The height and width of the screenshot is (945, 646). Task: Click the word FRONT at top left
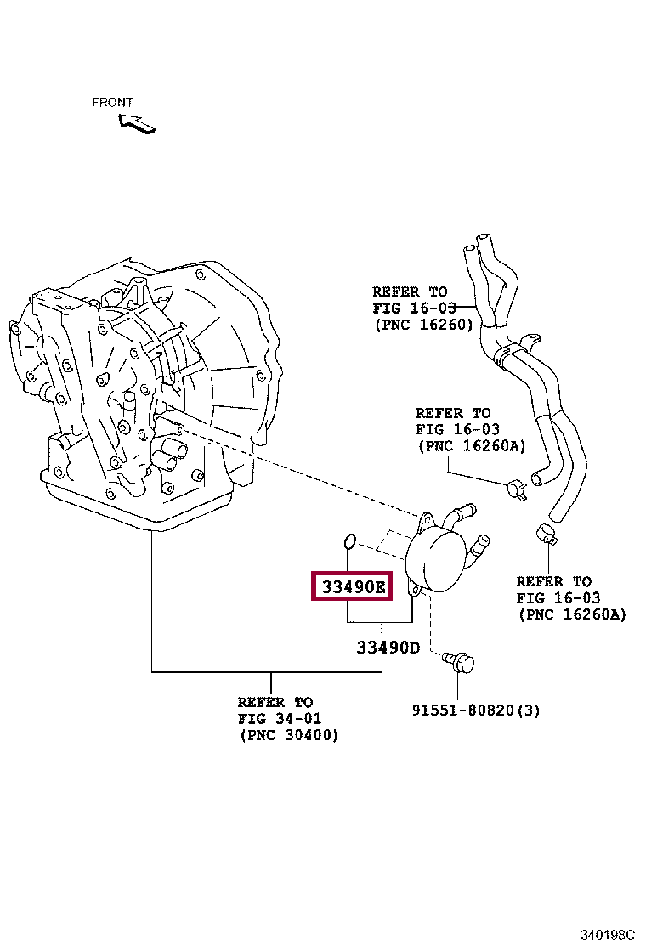tap(112, 102)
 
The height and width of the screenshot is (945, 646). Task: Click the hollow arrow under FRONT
tap(137, 123)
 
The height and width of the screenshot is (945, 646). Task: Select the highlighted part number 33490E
tap(352, 586)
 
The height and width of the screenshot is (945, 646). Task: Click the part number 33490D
tap(388, 648)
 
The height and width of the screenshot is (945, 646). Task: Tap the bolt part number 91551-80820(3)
tap(476, 710)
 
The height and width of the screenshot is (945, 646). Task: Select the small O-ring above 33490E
tap(348, 541)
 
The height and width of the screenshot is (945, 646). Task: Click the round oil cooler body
tap(438, 557)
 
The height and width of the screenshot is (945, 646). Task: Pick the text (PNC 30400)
tap(288, 735)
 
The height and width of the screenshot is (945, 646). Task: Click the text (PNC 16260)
tap(422, 325)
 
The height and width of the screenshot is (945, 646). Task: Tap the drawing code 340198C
tap(608, 935)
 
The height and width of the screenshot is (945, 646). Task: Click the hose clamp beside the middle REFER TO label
tap(515, 488)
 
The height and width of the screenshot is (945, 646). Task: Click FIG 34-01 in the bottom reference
tap(275, 719)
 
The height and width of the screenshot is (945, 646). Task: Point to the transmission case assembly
tap(144, 391)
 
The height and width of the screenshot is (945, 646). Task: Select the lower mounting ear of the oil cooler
tap(414, 589)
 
